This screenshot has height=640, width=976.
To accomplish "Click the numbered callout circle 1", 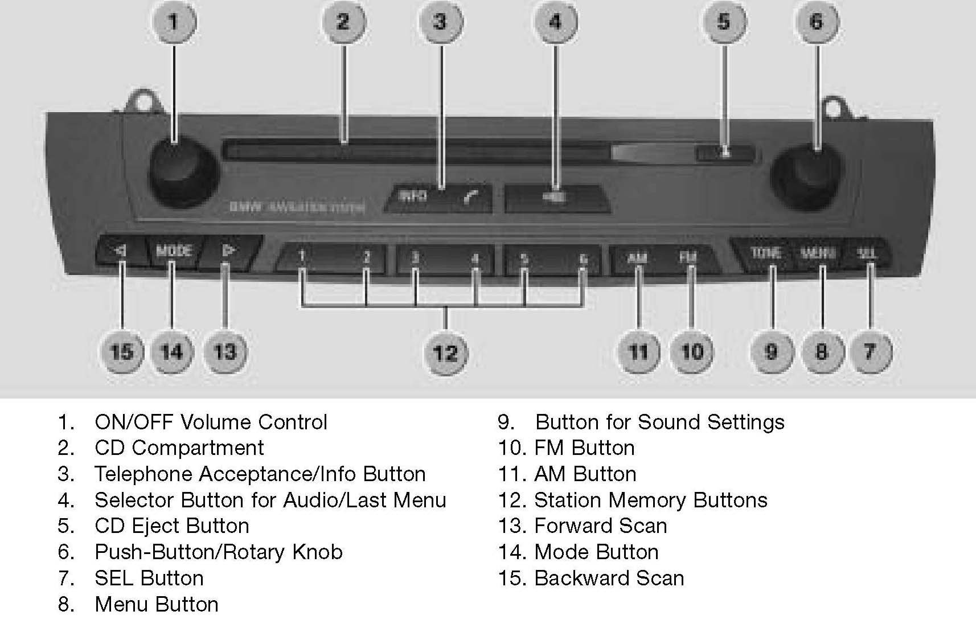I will coord(174,22).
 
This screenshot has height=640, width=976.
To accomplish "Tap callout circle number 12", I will coord(446,353).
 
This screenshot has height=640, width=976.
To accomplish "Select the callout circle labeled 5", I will coord(723,22).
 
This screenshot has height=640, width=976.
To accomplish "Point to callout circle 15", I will coord(121,351).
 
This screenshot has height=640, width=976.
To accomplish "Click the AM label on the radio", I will coord(637,258).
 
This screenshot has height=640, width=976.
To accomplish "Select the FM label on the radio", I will coord(688,257).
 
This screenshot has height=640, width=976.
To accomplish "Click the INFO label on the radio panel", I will coord(413,196).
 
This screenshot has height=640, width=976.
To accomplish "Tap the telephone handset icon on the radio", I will coord(471,197).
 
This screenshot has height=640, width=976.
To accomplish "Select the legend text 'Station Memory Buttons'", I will coord(650,500).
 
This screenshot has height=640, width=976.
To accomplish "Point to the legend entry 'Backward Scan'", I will coord(609,578).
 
